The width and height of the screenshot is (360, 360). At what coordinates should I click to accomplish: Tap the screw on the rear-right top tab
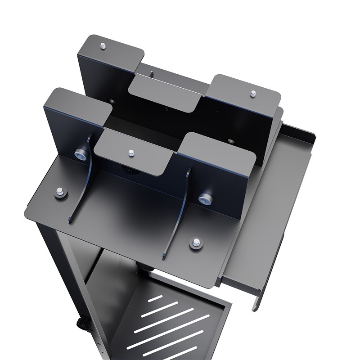pyautogui.click(x=253, y=93)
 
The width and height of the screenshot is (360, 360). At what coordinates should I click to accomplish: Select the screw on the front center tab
pyautogui.click(x=131, y=153)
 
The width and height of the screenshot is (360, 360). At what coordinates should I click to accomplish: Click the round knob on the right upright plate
pyautogui.click(x=205, y=198)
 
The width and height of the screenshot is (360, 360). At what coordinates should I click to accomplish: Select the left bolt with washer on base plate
pyautogui.click(x=59, y=192)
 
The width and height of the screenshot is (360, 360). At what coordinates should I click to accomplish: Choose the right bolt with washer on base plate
pyautogui.click(x=196, y=243)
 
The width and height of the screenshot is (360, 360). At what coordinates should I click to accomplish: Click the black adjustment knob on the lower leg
pyautogui.click(x=82, y=324)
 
